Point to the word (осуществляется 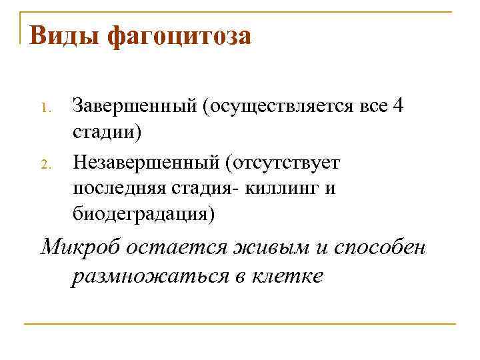279,107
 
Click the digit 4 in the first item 398,106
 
